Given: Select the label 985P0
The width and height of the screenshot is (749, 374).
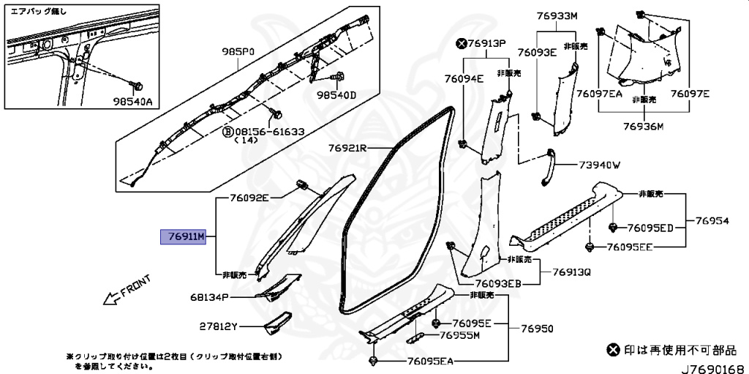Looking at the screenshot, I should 238,52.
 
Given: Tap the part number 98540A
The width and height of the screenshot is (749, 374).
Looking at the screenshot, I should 132,102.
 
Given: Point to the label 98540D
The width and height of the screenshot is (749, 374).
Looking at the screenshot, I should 336,95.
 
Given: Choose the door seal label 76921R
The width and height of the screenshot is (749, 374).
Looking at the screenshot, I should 347,149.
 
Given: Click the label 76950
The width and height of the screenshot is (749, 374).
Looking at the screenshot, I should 537,329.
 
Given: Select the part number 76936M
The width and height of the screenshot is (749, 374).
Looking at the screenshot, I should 642,126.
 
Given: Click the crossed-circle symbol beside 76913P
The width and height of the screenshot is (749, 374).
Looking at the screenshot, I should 461,43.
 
